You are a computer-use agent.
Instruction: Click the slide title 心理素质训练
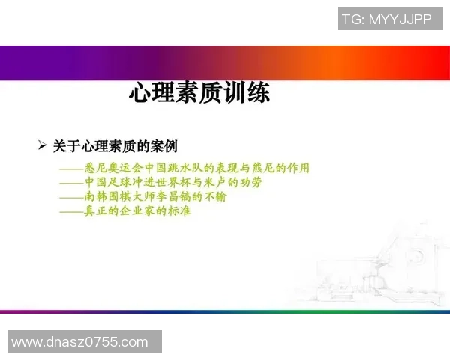click(199, 94)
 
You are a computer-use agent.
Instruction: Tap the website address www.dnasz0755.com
click(80, 342)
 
